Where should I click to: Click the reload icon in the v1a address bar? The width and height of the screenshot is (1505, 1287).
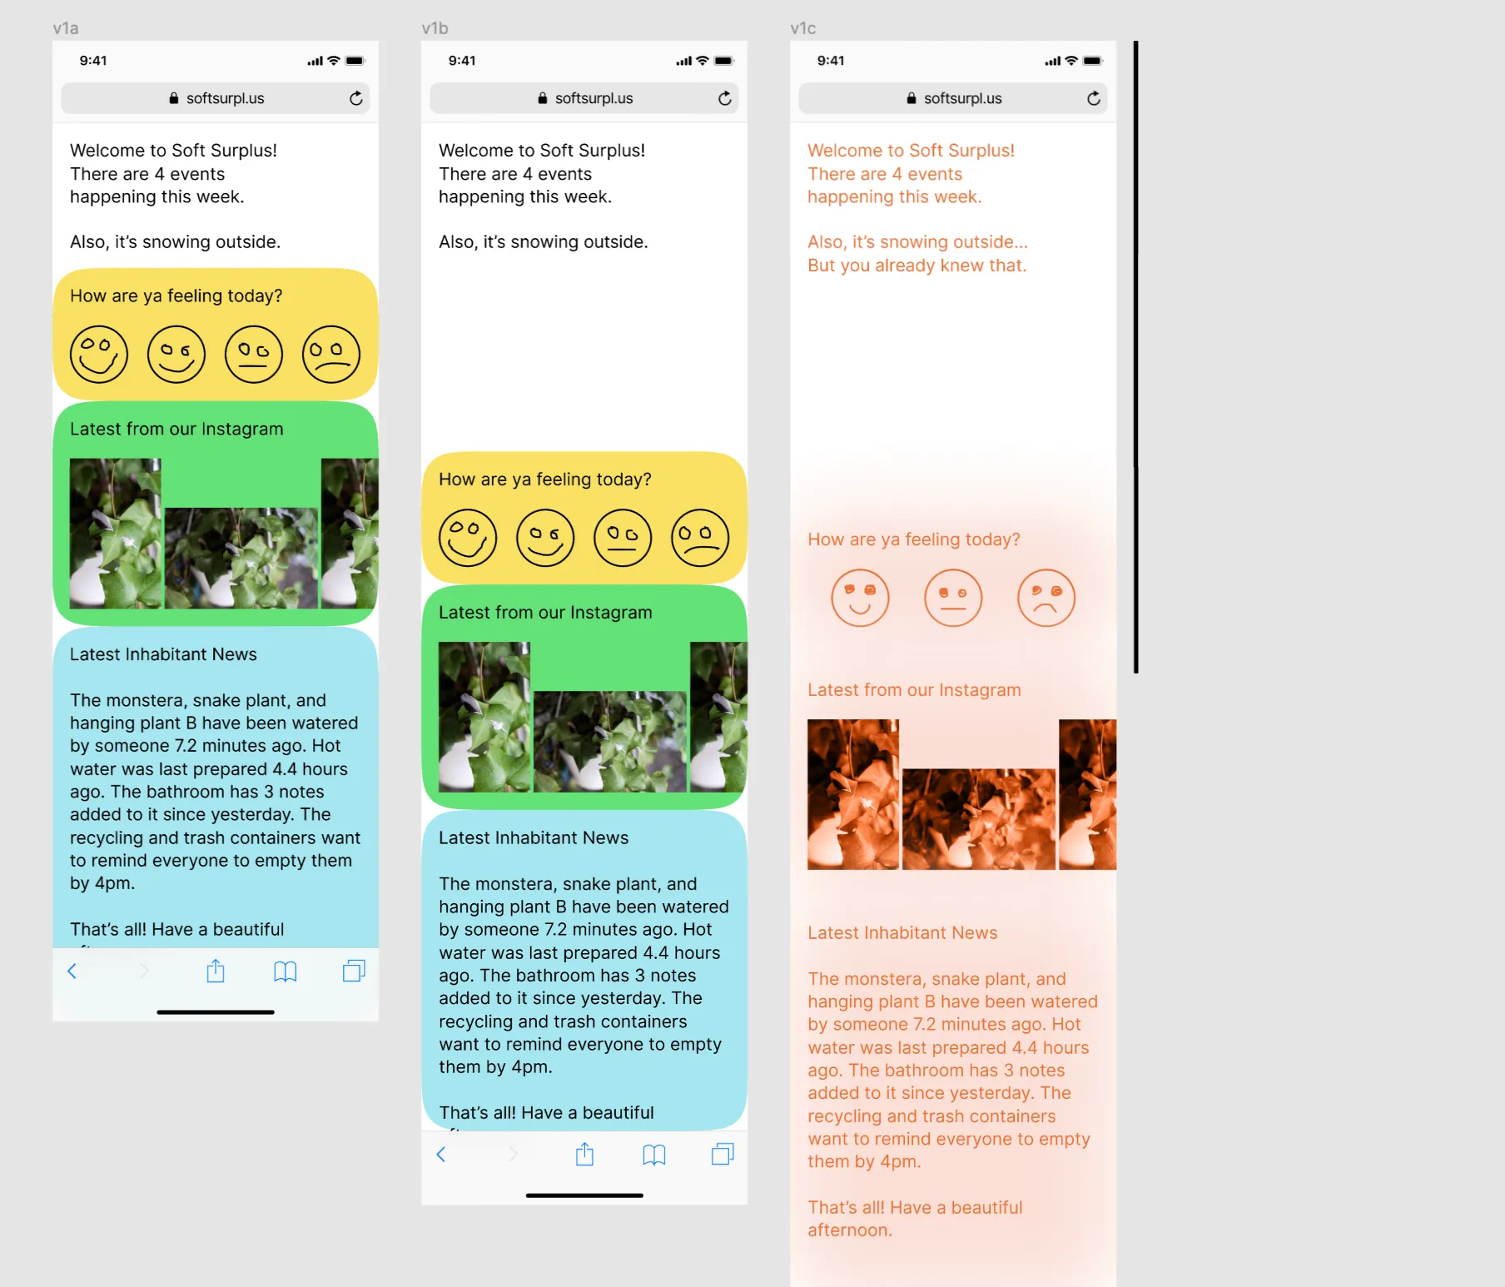click(356, 98)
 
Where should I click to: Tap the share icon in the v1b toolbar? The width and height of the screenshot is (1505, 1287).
click(585, 1154)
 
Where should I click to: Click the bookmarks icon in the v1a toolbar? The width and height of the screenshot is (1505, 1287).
click(286, 971)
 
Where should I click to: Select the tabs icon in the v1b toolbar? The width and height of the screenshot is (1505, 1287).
click(723, 1154)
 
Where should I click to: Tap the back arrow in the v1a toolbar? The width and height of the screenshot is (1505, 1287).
click(72, 971)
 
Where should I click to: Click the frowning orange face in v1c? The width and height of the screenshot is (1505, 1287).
click(1046, 598)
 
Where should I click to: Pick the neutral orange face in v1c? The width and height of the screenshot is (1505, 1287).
click(953, 598)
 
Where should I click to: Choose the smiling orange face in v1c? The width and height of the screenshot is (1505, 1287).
click(860, 598)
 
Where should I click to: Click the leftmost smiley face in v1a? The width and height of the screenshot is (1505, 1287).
click(99, 355)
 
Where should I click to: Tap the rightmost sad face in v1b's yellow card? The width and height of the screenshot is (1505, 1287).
click(700, 538)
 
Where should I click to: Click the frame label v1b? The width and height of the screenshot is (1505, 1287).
click(435, 28)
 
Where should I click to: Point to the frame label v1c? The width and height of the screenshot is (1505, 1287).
click(803, 28)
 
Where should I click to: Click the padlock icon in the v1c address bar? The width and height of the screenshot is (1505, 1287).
click(911, 98)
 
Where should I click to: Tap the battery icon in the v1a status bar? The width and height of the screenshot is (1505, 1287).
click(355, 61)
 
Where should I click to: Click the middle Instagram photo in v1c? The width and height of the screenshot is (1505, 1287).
click(979, 819)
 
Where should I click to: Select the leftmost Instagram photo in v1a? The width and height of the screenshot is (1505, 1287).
click(116, 534)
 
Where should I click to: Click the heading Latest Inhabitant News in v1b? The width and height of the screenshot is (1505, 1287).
click(534, 837)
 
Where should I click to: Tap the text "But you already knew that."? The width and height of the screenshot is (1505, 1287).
click(916, 266)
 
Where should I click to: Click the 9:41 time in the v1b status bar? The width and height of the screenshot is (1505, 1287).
click(462, 61)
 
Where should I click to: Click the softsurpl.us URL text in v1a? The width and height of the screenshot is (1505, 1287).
click(226, 98)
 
